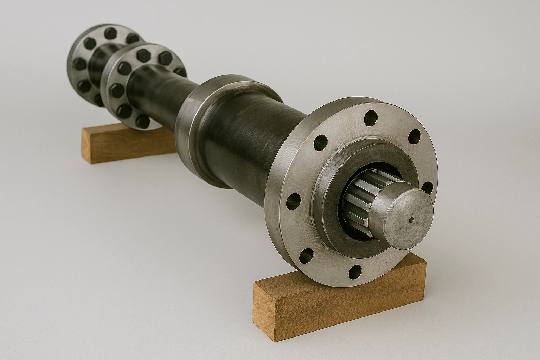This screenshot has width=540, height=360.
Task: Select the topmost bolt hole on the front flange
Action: (370, 118)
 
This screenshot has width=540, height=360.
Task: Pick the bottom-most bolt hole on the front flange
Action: (356, 271)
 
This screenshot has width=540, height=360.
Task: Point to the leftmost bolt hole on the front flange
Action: (292, 201)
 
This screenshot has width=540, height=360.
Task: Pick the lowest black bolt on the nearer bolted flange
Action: (142, 121)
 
